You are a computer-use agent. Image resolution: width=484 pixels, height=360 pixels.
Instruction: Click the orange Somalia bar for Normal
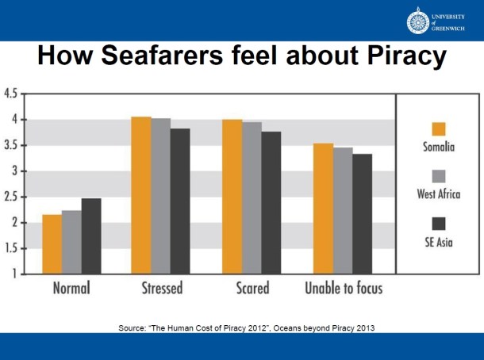point(52,244)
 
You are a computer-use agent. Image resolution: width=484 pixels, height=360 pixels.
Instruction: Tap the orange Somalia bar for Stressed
point(141,195)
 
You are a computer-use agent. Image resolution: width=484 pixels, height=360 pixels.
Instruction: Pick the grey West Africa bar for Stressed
point(161,196)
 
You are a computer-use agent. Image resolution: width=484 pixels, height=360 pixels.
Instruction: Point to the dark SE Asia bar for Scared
point(271,202)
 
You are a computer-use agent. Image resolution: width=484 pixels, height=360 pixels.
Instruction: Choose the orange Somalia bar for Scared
point(232,197)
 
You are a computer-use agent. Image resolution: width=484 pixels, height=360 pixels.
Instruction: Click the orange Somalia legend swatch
point(438,129)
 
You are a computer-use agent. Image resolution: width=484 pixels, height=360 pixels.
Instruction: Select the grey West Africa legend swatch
point(438,176)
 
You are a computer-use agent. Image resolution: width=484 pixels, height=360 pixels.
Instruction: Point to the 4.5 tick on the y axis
point(11,94)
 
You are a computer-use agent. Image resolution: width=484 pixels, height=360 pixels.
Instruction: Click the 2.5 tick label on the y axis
point(11,197)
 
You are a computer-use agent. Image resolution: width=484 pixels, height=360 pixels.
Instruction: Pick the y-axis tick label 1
point(15,274)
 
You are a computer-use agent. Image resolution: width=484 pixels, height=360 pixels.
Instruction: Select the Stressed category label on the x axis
point(162,288)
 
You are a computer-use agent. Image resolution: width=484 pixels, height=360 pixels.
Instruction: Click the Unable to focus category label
point(344,288)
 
